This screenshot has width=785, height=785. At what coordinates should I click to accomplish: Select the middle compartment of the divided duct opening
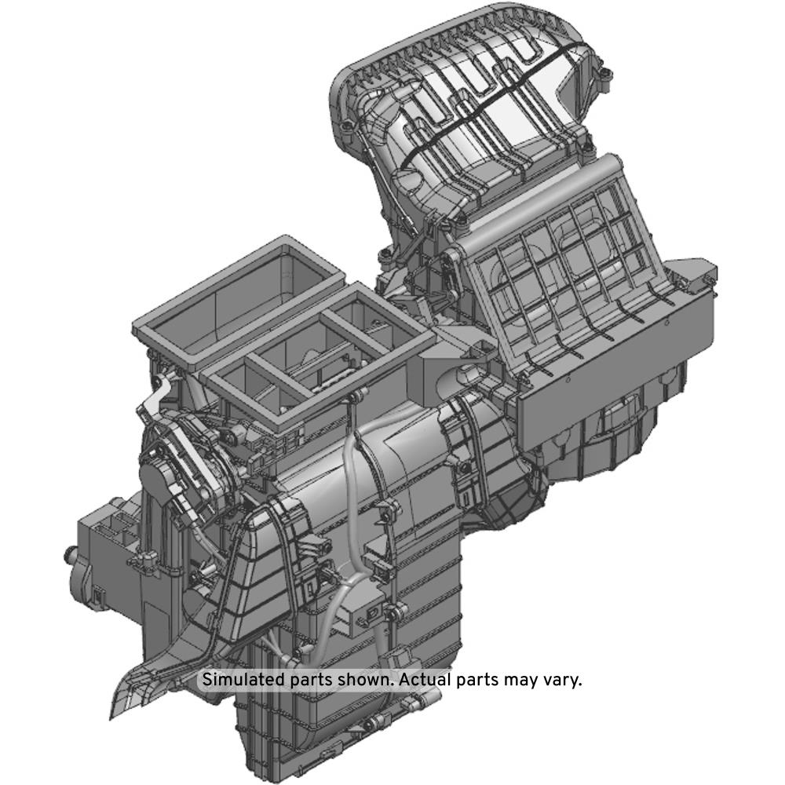click(x=320, y=350)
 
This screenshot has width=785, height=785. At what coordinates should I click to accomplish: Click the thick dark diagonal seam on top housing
click(x=495, y=100)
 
